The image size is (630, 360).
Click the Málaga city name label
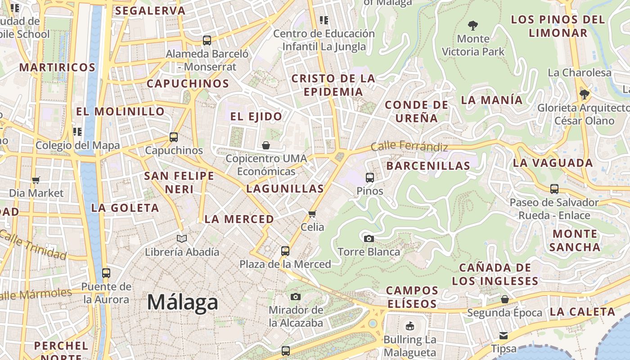tap(183, 302)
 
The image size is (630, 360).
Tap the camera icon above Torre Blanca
tap(369, 238)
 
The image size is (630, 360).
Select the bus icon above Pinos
tap(370, 178)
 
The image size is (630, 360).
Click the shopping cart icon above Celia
tap(312, 214)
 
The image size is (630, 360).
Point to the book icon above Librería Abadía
tap(182, 238)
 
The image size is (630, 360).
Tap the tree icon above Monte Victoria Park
tap(472, 25)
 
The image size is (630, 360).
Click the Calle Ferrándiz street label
tap(409, 146)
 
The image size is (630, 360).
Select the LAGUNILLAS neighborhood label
tap(285, 189)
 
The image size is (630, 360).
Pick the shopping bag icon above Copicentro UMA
tap(266, 145)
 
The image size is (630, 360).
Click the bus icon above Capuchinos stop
tap(174, 137)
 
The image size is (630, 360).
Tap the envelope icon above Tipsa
tap(504, 335)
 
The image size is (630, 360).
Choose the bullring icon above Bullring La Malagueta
tap(409, 326)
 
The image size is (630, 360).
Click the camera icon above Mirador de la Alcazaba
tap(296, 297)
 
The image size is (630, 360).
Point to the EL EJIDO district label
tap(256, 117)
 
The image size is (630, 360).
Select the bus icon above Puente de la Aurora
tap(106, 273)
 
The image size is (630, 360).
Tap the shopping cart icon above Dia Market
tap(36, 180)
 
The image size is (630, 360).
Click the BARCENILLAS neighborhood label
tap(428, 166)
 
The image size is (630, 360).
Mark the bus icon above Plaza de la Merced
tap(285, 251)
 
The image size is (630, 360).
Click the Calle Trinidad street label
tap(34, 245)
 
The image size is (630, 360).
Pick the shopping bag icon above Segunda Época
tap(505, 299)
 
